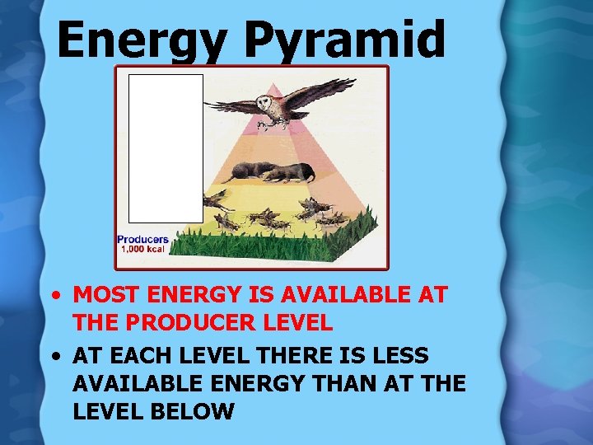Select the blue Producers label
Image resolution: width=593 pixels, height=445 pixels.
(x=142, y=239)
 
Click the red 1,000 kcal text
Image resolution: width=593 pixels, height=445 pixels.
(x=142, y=249)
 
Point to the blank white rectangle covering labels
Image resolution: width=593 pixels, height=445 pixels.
(x=165, y=148)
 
